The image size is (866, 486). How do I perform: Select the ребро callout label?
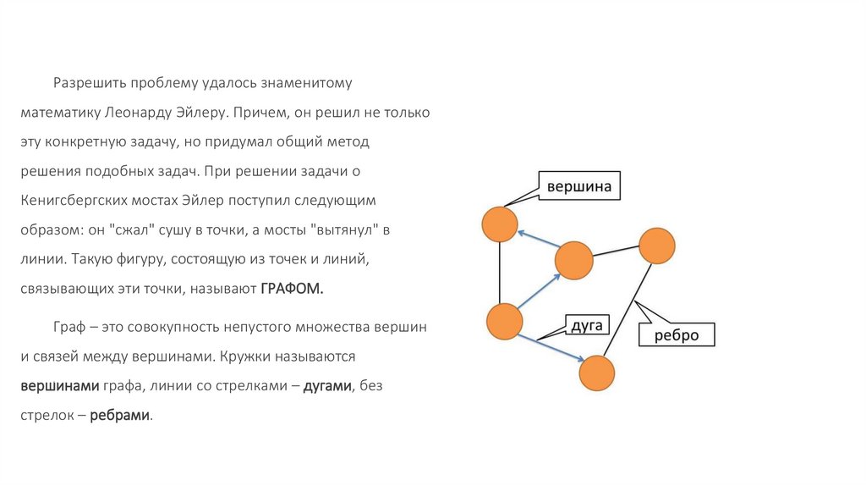677,334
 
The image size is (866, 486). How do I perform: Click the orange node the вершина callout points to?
499,224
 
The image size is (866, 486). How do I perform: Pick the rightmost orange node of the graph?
657,246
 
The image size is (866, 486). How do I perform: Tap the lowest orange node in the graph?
596,373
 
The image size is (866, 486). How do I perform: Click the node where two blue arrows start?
504,323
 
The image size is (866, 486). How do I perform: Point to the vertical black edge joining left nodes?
501,273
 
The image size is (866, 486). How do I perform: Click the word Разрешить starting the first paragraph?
90,83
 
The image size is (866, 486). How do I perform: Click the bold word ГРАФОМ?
293,289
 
